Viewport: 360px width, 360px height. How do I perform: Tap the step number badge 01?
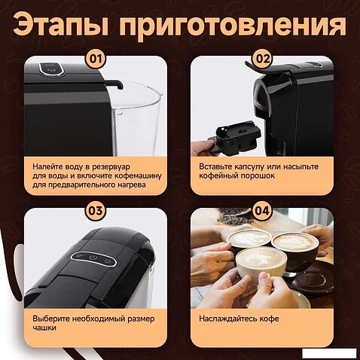point(96,59)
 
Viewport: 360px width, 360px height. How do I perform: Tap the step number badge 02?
point(263,59)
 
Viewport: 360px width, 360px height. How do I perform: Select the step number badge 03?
point(96,211)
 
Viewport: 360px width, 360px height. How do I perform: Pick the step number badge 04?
point(262,211)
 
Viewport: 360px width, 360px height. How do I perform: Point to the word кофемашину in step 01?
point(138,175)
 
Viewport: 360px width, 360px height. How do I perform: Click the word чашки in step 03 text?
point(44,328)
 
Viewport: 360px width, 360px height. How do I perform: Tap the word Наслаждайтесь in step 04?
point(228,319)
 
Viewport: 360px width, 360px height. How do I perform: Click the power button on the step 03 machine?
point(93,258)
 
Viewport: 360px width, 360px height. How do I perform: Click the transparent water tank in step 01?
point(137,118)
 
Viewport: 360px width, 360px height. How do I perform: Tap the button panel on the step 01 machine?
point(50,69)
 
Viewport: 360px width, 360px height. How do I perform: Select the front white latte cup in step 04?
point(261,263)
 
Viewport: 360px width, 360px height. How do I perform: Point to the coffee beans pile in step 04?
point(234,216)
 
